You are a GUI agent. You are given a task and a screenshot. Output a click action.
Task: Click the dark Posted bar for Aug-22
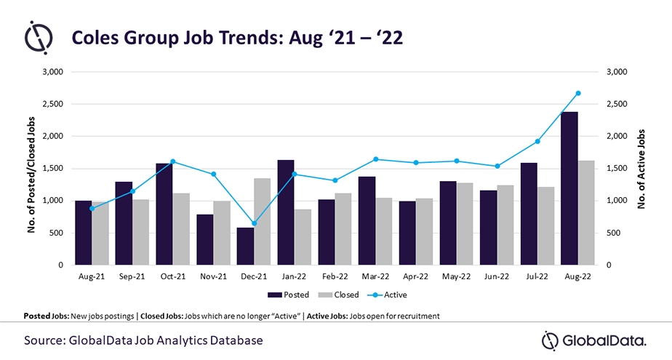[x=569, y=188]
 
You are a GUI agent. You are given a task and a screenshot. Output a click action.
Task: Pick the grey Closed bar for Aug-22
[x=587, y=212]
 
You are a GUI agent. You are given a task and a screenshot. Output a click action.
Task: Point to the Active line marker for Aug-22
[x=578, y=93]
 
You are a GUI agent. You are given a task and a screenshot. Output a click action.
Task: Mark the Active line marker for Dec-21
[x=254, y=223]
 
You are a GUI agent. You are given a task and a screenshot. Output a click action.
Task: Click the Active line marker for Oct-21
[x=173, y=161]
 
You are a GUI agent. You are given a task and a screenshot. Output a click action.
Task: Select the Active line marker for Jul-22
[x=537, y=141]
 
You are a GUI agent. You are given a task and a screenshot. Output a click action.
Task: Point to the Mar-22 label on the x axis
[x=375, y=277]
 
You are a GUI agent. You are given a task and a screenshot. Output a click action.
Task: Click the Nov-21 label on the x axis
[x=213, y=277]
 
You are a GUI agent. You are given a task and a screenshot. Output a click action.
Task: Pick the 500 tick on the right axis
[x=612, y=233]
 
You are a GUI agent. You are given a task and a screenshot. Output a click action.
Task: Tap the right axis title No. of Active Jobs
[x=642, y=169]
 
